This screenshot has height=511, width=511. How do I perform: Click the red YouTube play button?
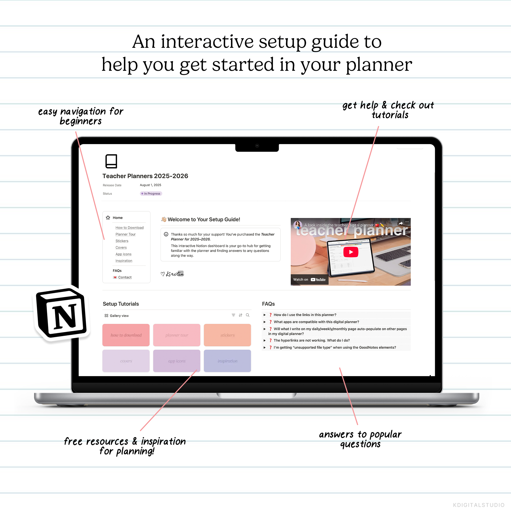pyautogui.click(x=351, y=252)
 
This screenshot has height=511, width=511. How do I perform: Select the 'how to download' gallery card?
pyautogui.click(x=126, y=335)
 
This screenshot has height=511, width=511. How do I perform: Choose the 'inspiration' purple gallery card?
pyautogui.click(x=227, y=361)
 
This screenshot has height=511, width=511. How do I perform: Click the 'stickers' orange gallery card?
pyautogui.click(x=227, y=335)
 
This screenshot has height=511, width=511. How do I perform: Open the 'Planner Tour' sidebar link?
pyautogui.click(x=125, y=234)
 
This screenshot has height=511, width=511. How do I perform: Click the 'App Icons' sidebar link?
pyautogui.click(x=123, y=254)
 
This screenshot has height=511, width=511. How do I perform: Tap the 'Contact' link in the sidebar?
pyautogui.click(x=125, y=277)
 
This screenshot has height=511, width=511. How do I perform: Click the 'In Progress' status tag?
pyautogui.click(x=151, y=194)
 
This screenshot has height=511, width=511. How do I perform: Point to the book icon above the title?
pyautogui.click(x=111, y=161)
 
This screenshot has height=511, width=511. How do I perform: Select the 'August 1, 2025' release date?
pyautogui.click(x=150, y=185)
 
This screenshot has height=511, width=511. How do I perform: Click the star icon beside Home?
pyautogui.click(x=108, y=217)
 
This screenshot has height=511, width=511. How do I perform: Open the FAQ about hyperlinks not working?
pyautogui.click(x=311, y=340)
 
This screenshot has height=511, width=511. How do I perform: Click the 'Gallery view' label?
pyautogui.click(x=119, y=316)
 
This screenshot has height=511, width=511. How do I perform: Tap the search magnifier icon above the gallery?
pyautogui.click(x=248, y=315)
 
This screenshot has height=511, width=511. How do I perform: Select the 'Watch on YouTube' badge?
pyautogui.click(x=309, y=280)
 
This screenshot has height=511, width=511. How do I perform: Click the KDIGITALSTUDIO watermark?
pyautogui.click(x=479, y=505)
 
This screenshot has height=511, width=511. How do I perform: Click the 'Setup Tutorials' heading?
pyautogui.click(x=121, y=304)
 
